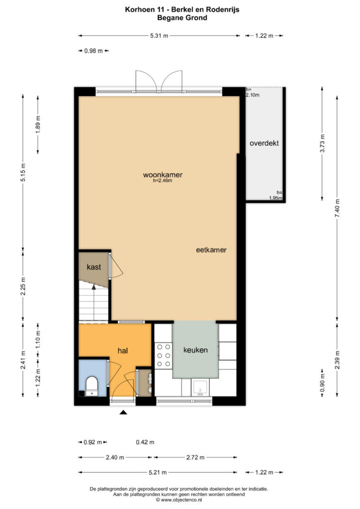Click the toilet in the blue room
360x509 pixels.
[91, 386]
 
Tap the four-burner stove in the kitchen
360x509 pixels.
[163, 355]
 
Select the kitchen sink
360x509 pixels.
[200, 388]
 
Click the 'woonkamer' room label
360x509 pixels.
[163, 174]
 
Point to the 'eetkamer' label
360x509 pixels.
[211, 250]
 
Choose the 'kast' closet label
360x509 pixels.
[94, 267]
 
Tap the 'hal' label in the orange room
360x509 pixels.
[123, 350]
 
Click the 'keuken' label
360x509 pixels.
[195, 349]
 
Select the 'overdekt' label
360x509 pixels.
[264, 143]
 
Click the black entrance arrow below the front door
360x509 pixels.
[123, 412]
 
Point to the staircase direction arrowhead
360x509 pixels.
[94, 287]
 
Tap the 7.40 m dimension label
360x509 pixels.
[337, 208]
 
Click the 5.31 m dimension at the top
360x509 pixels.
[159, 36]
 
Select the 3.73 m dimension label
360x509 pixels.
[322, 143]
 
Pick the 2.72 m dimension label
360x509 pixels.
[195, 457]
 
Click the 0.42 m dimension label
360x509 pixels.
[145, 442]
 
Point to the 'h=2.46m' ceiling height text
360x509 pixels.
[163, 180]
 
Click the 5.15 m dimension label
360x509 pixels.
[23, 172]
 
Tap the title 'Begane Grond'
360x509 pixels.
[182, 17]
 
